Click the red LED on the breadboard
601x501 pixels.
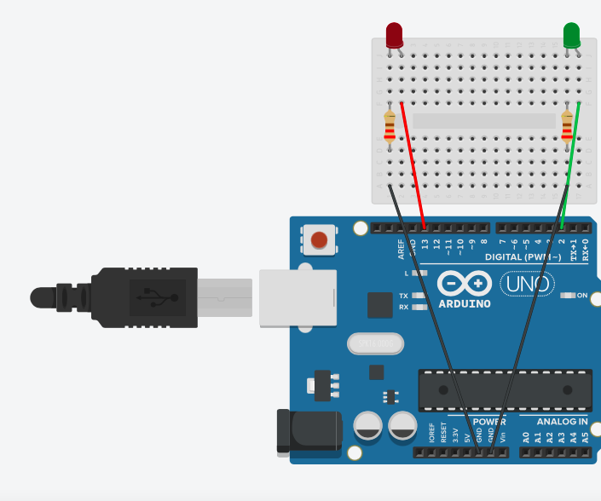(394, 35)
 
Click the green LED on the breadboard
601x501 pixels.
(571, 35)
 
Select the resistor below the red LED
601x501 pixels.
(390, 126)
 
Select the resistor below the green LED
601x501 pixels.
(567, 126)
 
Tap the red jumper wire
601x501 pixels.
(413, 162)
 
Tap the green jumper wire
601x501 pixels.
(571, 162)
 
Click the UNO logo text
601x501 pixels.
(526, 284)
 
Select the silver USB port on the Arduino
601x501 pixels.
(298, 297)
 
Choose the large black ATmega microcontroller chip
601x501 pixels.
(505, 390)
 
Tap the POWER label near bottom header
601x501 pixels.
(489, 422)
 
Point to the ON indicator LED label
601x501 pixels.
(582, 296)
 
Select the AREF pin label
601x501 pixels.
(402, 249)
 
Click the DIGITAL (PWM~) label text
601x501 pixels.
(523, 256)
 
